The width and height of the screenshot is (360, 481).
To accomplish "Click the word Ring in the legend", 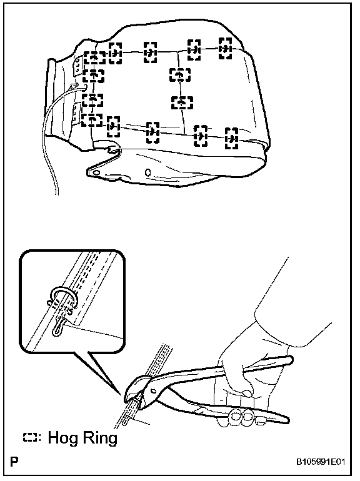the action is click(x=98, y=439).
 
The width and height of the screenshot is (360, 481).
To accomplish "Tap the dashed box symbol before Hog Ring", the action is click(x=30, y=438).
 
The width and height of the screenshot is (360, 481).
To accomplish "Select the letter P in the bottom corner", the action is click(x=14, y=462).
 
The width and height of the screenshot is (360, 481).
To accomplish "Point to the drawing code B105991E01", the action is click(x=321, y=462).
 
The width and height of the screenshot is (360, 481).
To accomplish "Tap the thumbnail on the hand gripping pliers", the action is click(x=246, y=393).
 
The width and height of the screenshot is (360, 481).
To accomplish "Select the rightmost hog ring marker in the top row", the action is click(x=225, y=48).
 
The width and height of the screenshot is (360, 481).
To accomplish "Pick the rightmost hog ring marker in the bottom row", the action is click(x=232, y=138).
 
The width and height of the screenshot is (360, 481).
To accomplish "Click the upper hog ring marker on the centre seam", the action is click(x=180, y=75).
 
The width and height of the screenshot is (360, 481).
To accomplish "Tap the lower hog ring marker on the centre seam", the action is click(x=182, y=102).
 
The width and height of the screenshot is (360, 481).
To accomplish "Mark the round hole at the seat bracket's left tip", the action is click(x=96, y=172).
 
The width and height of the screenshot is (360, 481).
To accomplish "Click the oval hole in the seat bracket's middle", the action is click(x=147, y=172).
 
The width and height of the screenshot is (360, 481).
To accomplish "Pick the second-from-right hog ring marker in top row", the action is click(x=194, y=50).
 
